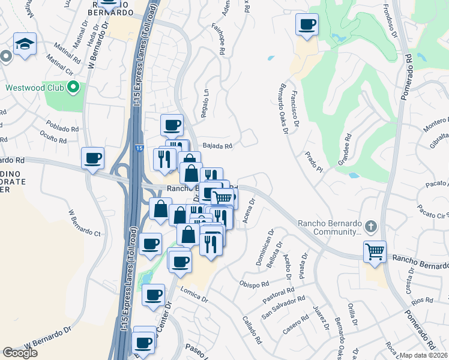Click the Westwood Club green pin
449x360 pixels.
click(74, 88)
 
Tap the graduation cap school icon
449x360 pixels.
click(25, 44)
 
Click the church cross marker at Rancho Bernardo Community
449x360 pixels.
click(371, 226)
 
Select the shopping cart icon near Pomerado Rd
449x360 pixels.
click(375, 251)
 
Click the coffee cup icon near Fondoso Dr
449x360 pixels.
click(307, 25)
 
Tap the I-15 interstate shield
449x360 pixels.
click(139, 148)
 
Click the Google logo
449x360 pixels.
click(20, 353)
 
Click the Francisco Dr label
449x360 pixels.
click(292, 109)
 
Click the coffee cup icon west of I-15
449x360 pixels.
click(93, 158)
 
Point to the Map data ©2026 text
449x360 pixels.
click(424, 355)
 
